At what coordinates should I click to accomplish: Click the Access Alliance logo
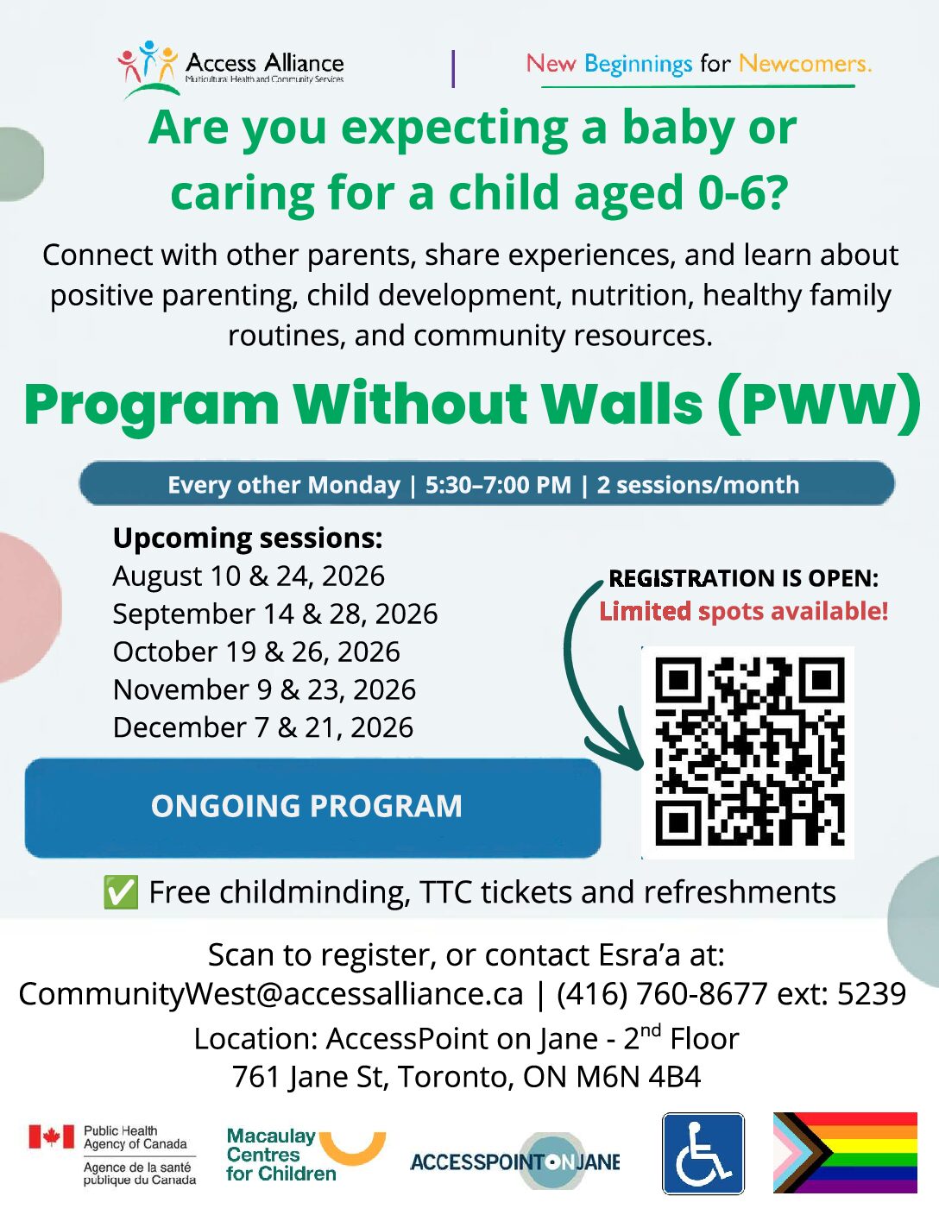pos(230,69)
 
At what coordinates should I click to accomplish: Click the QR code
pos(747,752)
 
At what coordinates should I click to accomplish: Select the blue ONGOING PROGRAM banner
pos(312,808)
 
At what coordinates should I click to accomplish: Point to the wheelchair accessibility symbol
pos(703,1153)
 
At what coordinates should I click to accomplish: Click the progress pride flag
pos(844,1152)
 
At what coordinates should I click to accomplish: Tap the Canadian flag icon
pos(52,1136)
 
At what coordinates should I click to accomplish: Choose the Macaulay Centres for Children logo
pos(306,1155)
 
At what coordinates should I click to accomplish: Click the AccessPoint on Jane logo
pos(515,1161)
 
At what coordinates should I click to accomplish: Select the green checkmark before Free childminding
pos(121,892)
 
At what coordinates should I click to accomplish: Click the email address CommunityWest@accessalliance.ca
pos(271,993)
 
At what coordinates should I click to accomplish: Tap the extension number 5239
pos(872,993)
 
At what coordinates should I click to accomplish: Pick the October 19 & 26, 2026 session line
pos(256,652)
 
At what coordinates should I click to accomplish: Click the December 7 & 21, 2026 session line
pos(263,727)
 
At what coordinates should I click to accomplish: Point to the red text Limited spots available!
pos(744,611)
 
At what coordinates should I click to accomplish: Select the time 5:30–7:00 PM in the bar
pos(498,485)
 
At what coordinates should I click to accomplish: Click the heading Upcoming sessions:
pos(248,538)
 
